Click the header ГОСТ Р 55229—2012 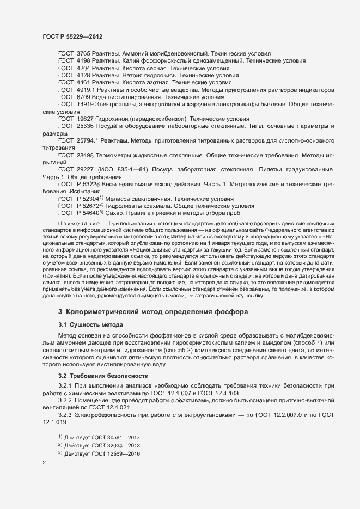[x=72, y=36]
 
